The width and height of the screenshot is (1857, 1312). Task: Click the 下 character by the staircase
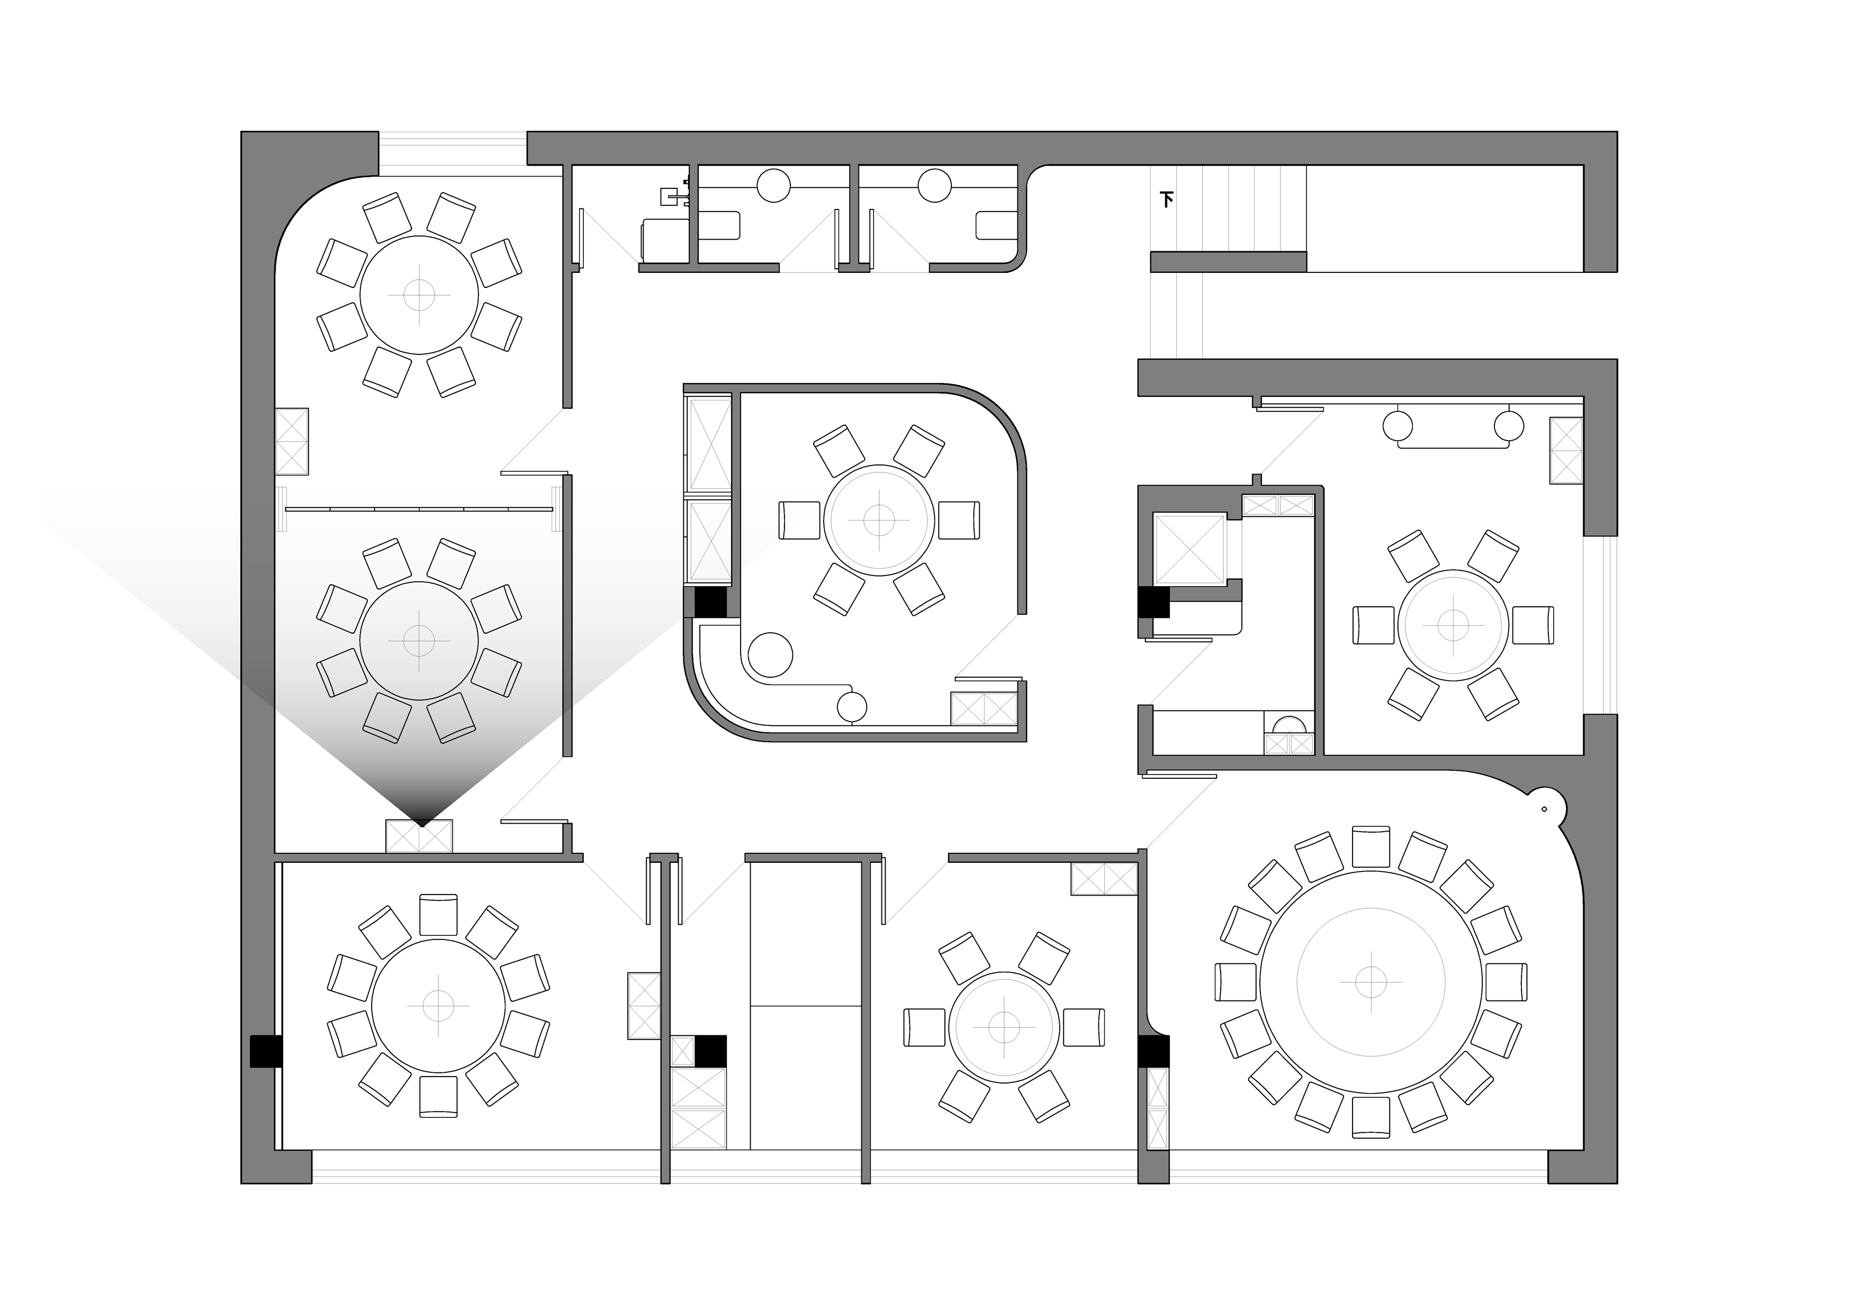click(1166, 199)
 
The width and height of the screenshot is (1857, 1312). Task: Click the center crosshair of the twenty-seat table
click(1370, 981)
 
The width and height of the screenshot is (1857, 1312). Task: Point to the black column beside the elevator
click(1153, 602)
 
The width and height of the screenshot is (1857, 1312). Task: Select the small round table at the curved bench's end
click(852, 707)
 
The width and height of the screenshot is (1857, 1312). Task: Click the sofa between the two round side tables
click(1454, 435)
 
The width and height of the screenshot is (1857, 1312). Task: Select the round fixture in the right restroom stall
click(934, 185)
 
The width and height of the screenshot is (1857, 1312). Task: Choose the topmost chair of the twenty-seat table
click(1370, 846)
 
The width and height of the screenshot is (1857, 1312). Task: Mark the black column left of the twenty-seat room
click(1153, 1051)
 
